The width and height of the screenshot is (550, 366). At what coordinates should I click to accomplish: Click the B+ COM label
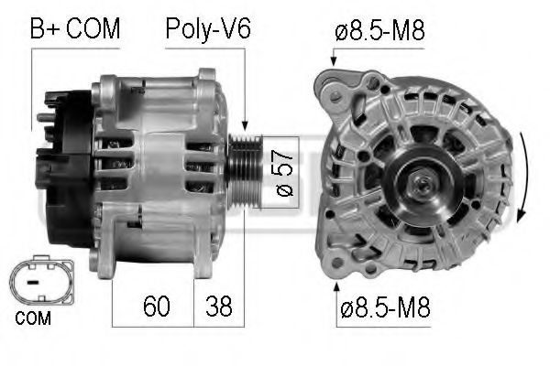click(x=75, y=28)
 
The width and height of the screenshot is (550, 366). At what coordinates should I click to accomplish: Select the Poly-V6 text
click(x=208, y=28)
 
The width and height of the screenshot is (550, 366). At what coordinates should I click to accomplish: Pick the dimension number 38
click(x=218, y=304)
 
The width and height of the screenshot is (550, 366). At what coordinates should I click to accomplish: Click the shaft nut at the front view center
click(x=423, y=187)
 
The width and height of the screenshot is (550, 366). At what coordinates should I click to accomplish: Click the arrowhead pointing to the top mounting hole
click(x=333, y=61)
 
